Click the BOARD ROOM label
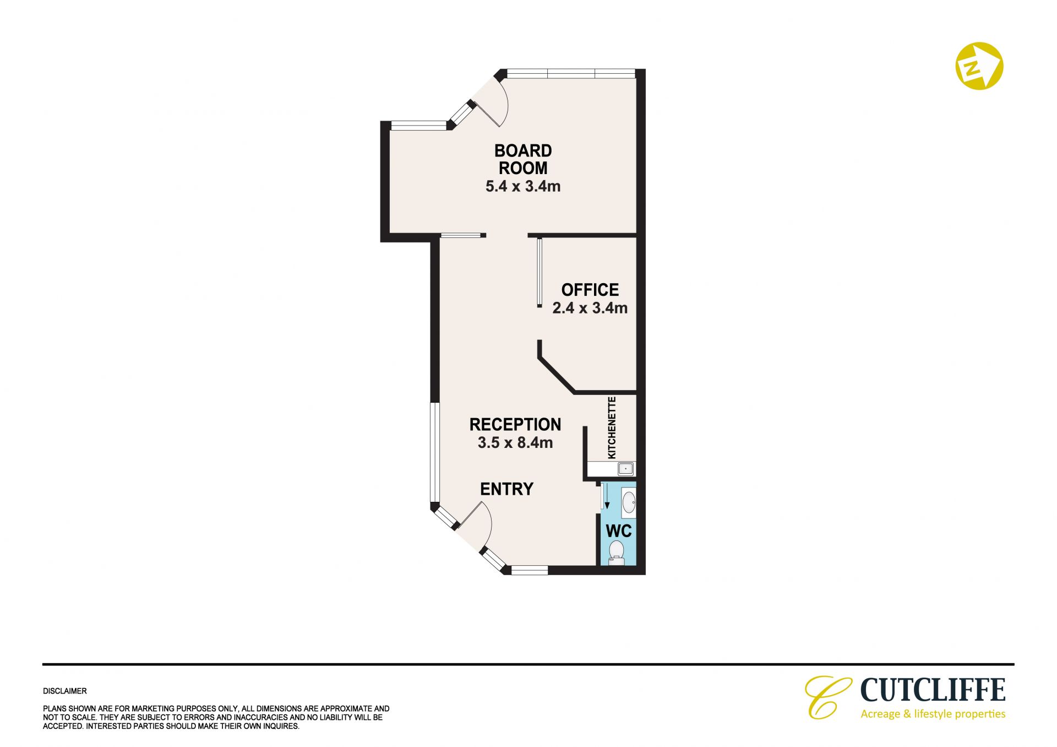click(523, 159)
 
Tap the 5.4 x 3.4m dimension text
click(523, 186)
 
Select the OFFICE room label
click(590, 290)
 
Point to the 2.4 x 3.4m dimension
click(590, 308)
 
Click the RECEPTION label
click(515, 424)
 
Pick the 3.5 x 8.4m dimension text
click(515, 442)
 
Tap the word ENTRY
click(506, 489)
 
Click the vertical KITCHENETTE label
click(612, 427)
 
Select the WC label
click(619, 532)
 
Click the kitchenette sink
click(625, 469)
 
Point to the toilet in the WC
click(617, 553)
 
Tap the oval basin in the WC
click(629, 502)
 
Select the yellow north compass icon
click(979, 66)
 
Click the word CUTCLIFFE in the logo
click(933, 690)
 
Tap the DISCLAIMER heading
click(65, 691)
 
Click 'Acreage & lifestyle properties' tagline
click(933, 714)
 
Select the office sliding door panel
click(540, 272)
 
